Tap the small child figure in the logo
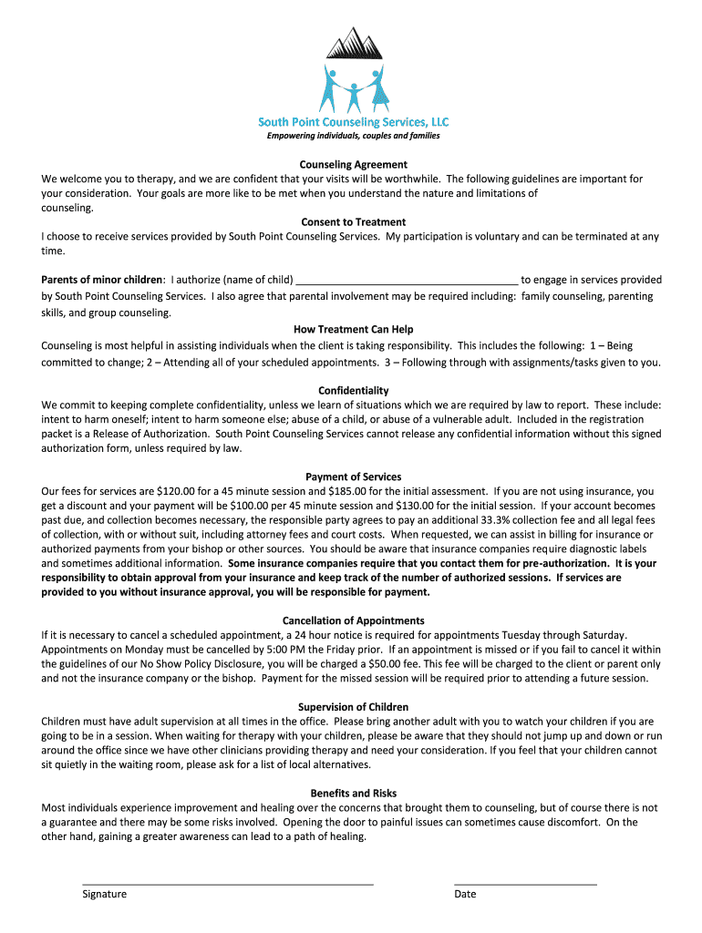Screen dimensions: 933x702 (x=353, y=91)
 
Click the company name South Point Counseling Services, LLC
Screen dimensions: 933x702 (x=353, y=121)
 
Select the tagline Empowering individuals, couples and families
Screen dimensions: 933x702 (x=353, y=136)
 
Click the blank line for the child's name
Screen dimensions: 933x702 (x=408, y=282)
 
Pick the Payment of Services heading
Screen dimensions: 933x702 (x=353, y=477)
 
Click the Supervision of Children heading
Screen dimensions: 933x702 (x=353, y=707)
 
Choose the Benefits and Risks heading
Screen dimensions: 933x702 (x=353, y=794)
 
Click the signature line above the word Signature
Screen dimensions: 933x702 (x=228, y=883)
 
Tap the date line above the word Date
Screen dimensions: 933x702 (x=525, y=883)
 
